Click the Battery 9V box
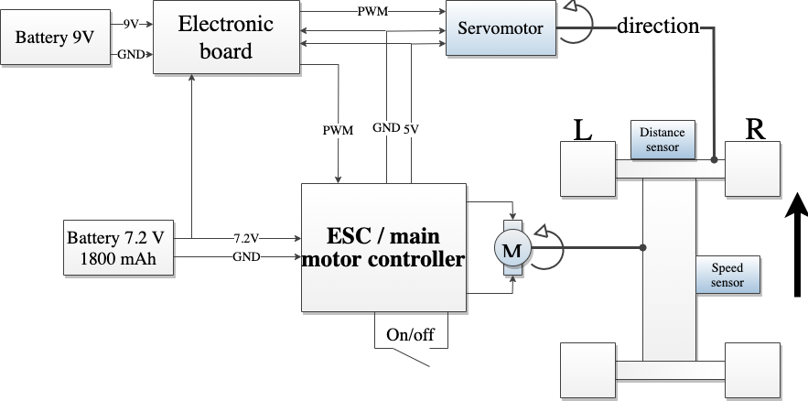click(54, 39)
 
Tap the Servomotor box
click(500, 28)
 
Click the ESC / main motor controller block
click(383, 248)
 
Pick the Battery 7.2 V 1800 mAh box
click(117, 248)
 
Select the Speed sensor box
click(727, 275)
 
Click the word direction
click(658, 27)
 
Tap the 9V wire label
click(131, 24)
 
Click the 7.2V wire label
click(246, 238)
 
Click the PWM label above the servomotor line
click(372, 12)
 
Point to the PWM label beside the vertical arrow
click(337, 131)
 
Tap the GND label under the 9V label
click(131, 55)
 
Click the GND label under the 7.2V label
click(246, 258)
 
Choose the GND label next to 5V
click(385, 128)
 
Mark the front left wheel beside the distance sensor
click(587, 168)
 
